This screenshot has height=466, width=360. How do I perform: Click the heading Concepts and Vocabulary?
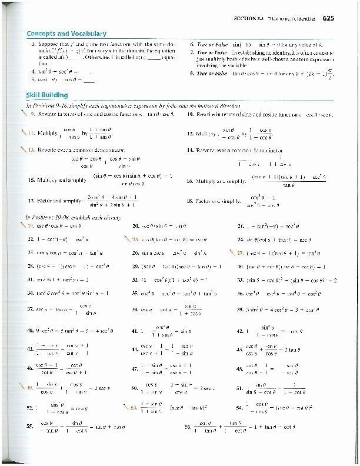pyautogui.click(x=66, y=35)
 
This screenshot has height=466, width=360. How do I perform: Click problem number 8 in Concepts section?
pyautogui.click(x=192, y=74)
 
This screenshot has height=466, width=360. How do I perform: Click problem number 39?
pyautogui.click(x=240, y=309)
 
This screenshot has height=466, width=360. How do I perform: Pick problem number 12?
pyautogui.click(x=189, y=134)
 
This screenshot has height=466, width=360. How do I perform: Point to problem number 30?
pyautogui.click(x=240, y=266)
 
